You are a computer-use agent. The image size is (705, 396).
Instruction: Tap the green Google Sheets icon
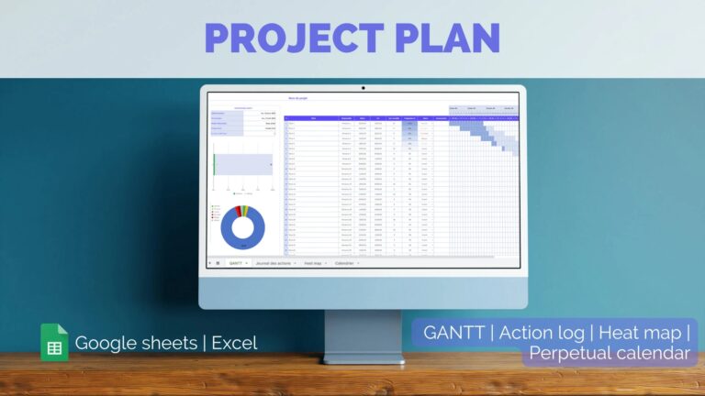[53, 343]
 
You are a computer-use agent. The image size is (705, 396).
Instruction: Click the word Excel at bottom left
[234, 343]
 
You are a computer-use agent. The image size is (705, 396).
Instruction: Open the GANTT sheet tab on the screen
[237, 263]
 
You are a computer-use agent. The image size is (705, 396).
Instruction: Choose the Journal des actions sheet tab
[274, 263]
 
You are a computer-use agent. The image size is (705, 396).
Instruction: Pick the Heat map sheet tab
[314, 263]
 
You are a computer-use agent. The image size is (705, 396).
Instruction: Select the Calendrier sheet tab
[344, 263]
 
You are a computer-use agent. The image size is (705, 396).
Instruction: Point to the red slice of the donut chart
[238, 211]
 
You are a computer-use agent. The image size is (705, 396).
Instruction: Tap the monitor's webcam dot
[364, 88]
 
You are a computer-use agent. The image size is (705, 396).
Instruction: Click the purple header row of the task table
[367, 118]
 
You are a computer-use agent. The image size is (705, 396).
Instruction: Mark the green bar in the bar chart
[214, 164]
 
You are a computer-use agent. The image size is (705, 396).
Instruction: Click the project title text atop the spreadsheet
[298, 97]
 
